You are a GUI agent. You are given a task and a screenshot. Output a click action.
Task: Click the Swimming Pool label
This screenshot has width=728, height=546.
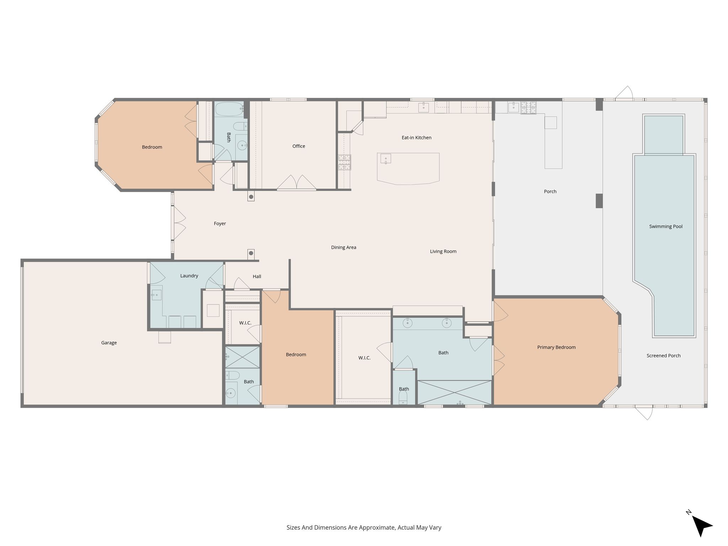click(666, 226)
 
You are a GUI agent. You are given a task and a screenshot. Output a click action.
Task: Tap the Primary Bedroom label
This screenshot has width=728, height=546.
click(556, 347)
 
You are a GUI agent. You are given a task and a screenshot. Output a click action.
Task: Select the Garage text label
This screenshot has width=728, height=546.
click(109, 343)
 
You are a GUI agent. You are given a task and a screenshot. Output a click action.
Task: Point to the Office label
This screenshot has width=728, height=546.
click(299, 146)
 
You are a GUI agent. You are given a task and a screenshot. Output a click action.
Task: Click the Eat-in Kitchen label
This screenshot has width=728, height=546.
click(417, 138)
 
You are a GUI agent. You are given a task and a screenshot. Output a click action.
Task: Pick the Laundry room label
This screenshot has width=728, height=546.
click(189, 276)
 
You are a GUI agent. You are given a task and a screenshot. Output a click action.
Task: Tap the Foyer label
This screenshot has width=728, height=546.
click(220, 224)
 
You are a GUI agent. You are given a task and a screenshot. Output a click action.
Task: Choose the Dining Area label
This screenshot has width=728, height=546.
click(343, 247)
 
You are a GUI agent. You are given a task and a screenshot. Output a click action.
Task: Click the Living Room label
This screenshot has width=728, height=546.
click(443, 251)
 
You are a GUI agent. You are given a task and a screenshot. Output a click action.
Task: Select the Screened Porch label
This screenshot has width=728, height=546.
click(664, 355)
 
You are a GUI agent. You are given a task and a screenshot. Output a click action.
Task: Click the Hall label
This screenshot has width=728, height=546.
click(257, 277)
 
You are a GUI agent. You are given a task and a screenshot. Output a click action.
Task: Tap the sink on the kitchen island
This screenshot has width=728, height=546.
click(386, 159)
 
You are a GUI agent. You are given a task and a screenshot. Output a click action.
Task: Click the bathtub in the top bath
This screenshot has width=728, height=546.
click(229, 109)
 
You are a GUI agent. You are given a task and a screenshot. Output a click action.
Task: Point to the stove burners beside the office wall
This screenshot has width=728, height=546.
click(344, 162)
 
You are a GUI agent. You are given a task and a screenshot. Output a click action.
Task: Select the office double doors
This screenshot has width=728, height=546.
click(296, 182)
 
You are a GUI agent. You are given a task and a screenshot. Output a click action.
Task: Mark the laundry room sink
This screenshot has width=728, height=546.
click(156, 295)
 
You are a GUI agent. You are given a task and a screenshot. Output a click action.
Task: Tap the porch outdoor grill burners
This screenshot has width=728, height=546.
click(529, 108)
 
